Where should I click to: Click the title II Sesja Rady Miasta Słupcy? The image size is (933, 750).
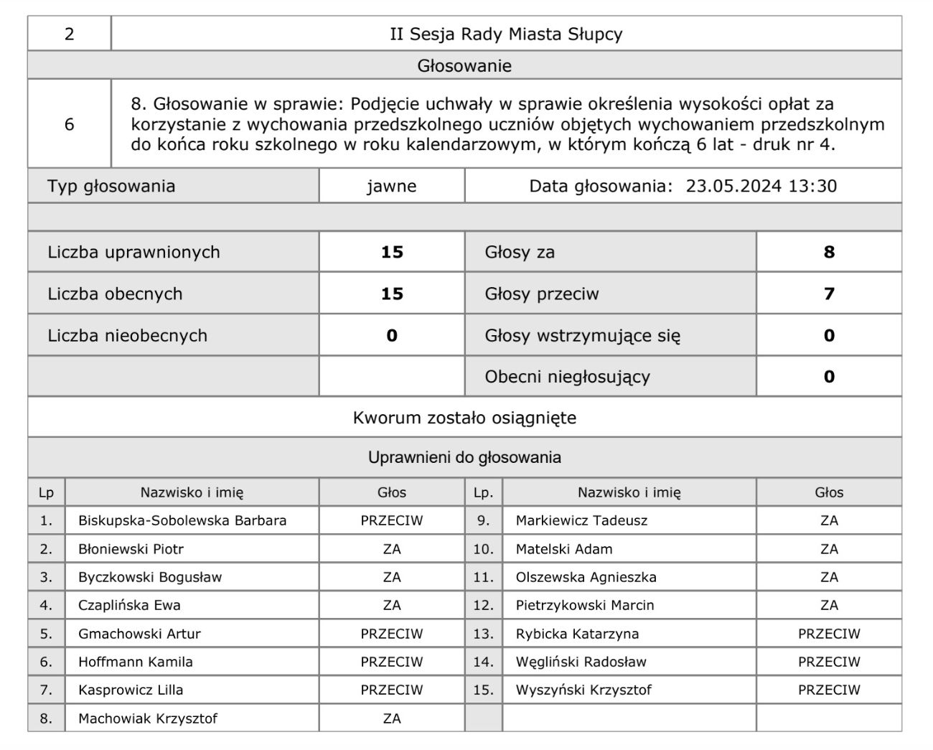tap(506, 34)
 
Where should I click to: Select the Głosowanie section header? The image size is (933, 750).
tap(464, 66)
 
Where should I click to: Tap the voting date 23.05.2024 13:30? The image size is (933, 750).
tap(761, 187)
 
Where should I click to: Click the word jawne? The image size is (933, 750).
tap(392, 187)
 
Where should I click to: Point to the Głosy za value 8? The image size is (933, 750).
tap(829, 252)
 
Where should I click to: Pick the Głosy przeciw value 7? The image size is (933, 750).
tap(829, 294)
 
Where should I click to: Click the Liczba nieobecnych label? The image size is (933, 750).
tap(127, 335)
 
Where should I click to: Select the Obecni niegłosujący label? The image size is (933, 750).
tap(567, 377)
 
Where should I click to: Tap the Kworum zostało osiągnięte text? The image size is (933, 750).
tap(464, 418)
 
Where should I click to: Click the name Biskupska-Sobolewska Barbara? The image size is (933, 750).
tap(182, 520)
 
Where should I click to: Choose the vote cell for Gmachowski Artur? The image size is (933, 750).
tap(392, 634)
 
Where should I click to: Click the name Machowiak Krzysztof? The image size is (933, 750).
tap(148, 718)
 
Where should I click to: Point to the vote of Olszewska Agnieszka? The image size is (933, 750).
tap(829, 577)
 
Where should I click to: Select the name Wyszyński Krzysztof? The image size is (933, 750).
tap(583, 690)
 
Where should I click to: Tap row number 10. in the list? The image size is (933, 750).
tap(483, 549)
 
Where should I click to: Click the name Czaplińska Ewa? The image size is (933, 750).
tap(129, 605)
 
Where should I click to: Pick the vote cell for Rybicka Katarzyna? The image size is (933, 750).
tap(829, 634)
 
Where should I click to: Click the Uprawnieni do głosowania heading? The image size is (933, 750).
tap(464, 457)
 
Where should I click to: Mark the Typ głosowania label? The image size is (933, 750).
tap(111, 187)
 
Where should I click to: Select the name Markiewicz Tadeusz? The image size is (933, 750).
tap(581, 520)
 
